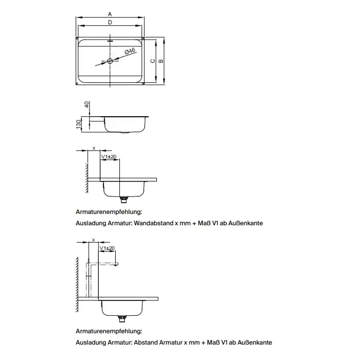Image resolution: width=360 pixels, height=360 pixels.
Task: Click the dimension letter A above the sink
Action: pyautogui.click(x=110, y=14)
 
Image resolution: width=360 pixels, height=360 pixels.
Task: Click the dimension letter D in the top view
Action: pyautogui.click(x=110, y=23)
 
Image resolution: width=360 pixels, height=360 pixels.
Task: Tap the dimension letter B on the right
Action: pyautogui.click(x=161, y=60)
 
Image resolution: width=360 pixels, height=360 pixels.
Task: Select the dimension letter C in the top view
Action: pyautogui.click(x=152, y=60)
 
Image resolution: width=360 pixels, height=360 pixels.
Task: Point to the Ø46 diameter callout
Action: pyautogui.click(x=130, y=51)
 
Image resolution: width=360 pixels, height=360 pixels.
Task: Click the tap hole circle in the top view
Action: pyautogui.click(x=110, y=61)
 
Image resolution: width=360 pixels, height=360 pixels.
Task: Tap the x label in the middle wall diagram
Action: pyautogui.click(x=94, y=148)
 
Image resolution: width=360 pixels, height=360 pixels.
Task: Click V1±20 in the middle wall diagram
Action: pyautogui.click(x=109, y=156)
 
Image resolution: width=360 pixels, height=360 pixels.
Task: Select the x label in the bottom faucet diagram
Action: pyautogui.click(x=93, y=240)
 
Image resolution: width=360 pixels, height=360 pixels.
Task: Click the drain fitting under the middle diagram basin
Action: pyautogui.click(x=123, y=199)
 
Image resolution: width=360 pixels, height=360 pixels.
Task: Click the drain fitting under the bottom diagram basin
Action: pyautogui.click(x=122, y=317)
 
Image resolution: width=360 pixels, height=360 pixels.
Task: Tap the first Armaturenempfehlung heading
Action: pyautogui.click(x=108, y=211)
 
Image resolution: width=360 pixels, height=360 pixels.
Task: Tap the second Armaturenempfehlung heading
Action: pyautogui.click(x=108, y=332)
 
